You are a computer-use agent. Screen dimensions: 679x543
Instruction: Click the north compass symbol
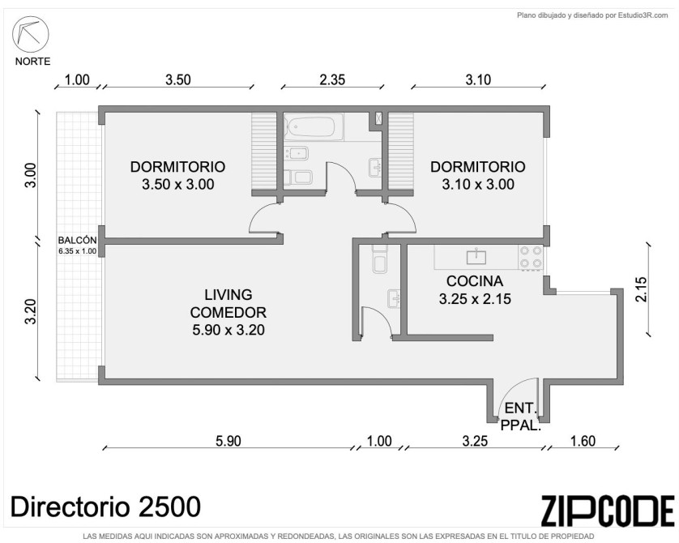(x=30, y=35)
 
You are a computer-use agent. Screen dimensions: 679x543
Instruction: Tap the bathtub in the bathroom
(x=314, y=126)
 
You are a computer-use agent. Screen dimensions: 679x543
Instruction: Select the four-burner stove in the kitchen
(x=531, y=257)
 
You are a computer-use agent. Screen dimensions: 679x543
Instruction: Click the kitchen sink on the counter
(x=476, y=256)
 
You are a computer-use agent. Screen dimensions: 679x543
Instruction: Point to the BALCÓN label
(x=77, y=241)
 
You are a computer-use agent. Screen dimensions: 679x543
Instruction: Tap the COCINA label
(x=475, y=281)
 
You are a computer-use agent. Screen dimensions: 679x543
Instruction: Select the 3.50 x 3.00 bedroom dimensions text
(x=178, y=185)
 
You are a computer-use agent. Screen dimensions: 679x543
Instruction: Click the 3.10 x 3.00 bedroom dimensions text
(x=478, y=185)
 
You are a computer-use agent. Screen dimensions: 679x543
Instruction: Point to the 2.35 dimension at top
(x=332, y=79)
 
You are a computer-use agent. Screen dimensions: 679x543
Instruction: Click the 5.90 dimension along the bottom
(x=228, y=441)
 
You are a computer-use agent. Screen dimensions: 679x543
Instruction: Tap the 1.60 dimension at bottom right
(x=583, y=441)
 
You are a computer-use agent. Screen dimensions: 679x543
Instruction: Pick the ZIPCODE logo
(x=608, y=511)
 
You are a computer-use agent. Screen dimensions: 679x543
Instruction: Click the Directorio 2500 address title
(x=105, y=507)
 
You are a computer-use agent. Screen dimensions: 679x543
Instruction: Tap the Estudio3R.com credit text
(x=643, y=15)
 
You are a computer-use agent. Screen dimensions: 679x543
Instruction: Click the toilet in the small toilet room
(x=380, y=260)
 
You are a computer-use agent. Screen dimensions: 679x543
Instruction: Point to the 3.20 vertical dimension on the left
(x=31, y=311)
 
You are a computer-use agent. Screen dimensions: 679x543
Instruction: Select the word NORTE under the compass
(x=33, y=62)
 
